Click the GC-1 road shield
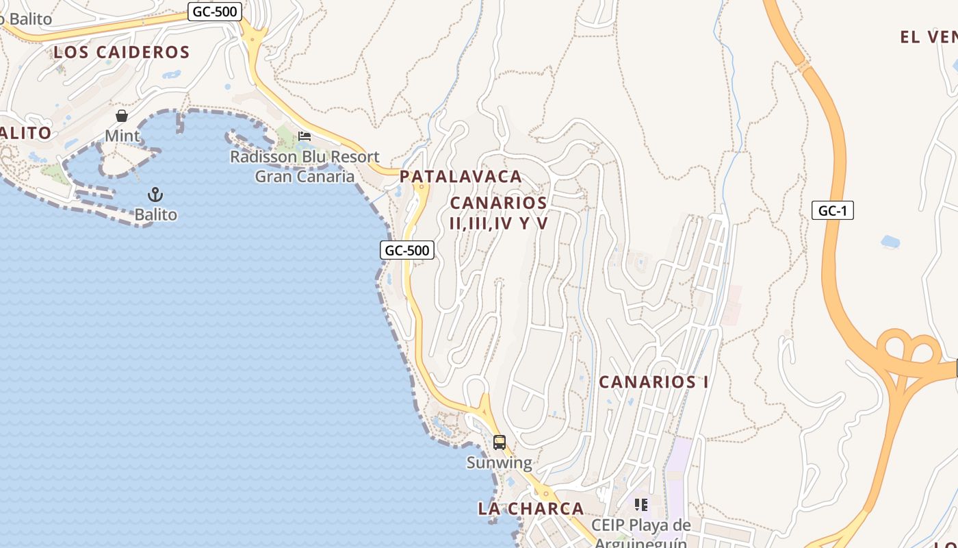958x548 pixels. [833, 210]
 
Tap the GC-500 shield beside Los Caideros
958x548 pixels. [215, 11]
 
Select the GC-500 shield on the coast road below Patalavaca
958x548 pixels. [406, 250]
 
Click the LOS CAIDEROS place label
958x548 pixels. [122, 52]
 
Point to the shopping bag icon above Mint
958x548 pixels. [122, 116]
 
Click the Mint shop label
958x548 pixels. [122, 136]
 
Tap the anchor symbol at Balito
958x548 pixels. [155, 195]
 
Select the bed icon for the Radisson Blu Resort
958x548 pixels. [305, 136]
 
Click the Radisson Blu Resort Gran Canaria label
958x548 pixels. [305, 166]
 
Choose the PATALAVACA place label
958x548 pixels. [461, 176]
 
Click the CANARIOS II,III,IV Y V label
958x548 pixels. [499, 212]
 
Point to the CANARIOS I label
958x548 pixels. [653, 382]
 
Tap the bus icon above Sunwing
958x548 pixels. [500, 443]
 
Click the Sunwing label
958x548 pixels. [499, 462]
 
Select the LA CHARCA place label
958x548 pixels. [531, 508]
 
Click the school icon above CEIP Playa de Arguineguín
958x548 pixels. [641, 505]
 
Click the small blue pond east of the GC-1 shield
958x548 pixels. [890, 241]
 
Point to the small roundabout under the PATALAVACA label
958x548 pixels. [422, 186]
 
